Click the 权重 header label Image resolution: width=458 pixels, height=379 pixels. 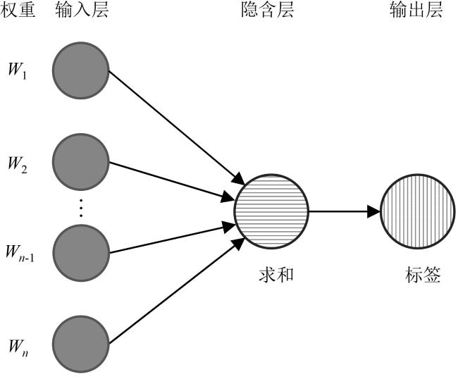(x=20, y=11)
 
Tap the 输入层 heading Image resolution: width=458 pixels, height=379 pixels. (x=81, y=11)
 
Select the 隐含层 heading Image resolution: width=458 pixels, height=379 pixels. (x=271, y=11)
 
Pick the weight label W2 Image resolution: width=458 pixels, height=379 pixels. (x=18, y=166)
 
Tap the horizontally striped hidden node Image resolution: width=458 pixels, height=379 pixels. (x=271, y=210)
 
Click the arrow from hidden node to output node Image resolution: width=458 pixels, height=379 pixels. (x=344, y=210)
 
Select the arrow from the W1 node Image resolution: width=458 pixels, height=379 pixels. (x=176, y=127)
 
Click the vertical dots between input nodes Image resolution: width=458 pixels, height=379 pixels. (x=81, y=207)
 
